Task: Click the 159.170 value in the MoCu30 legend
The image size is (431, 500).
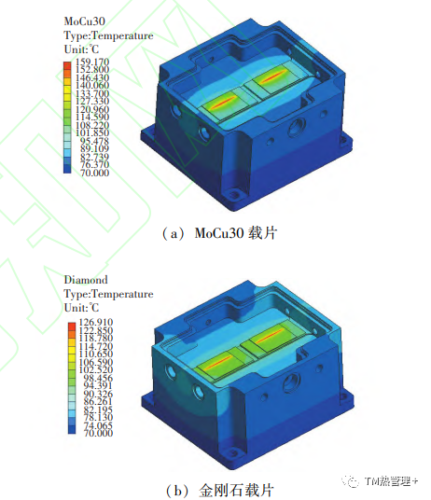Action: pos(92,62)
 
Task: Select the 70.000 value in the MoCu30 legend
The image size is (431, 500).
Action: pos(94,173)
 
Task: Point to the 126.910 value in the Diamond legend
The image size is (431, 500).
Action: pos(96,322)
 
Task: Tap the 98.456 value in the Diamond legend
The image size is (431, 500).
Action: pos(98,378)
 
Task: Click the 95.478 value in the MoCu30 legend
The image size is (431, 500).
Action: pos(94,141)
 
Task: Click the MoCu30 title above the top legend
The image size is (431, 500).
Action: pos(85,21)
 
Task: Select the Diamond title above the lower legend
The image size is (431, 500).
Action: pos(86,280)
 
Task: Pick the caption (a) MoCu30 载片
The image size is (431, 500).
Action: pos(219,233)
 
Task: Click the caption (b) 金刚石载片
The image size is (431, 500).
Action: pos(220,490)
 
